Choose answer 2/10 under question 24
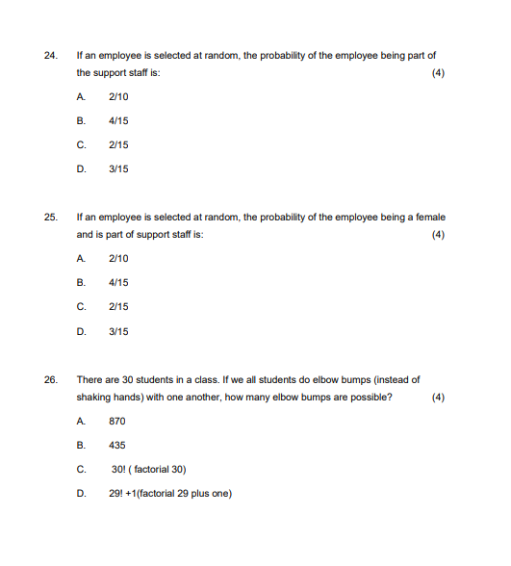(x=118, y=96)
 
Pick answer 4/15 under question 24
(x=118, y=120)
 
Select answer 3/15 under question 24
(x=118, y=169)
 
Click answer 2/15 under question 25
(x=118, y=307)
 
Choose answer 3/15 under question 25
(x=118, y=332)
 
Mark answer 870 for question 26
(x=117, y=421)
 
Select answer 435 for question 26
(x=117, y=446)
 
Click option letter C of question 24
(x=80, y=145)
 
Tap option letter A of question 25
(x=80, y=259)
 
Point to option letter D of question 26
(x=80, y=494)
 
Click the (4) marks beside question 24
(x=439, y=73)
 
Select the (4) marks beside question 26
(x=439, y=398)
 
